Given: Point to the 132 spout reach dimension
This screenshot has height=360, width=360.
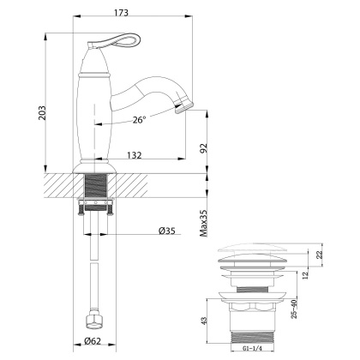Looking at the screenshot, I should point(131,154).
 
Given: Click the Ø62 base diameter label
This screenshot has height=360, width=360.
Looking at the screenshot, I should point(94,345).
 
